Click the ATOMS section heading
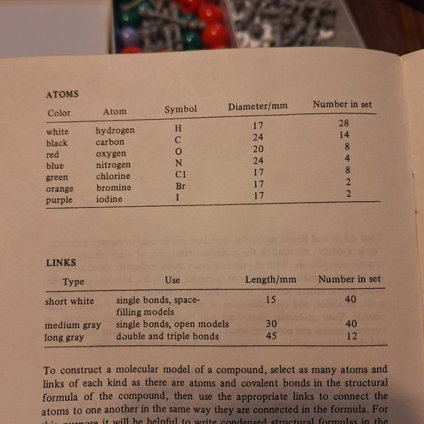click(62, 94)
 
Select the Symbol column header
click(181, 109)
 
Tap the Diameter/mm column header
click(257, 106)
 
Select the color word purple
click(59, 200)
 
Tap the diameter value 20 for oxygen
click(258, 148)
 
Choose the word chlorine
click(113, 176)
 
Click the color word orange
click(61, 189)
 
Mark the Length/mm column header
click(270, 279)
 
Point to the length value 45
click(271, 337)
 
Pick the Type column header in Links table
click(74, 281)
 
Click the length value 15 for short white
click(270, 300)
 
